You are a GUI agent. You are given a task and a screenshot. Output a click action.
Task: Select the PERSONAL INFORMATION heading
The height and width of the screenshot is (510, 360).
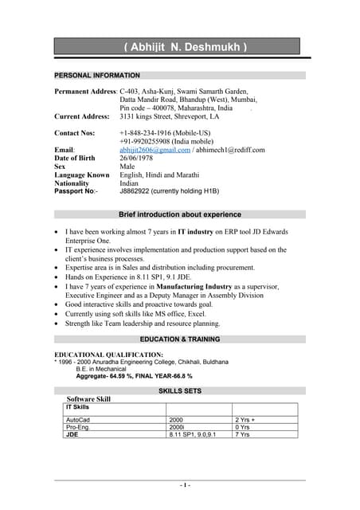(96, 75)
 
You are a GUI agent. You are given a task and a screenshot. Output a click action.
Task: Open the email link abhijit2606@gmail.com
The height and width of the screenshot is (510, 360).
(155, 150)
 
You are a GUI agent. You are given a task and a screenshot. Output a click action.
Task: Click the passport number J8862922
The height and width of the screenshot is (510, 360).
(140, 191)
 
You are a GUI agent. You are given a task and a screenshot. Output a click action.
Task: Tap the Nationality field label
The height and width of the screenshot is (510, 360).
(73, 183)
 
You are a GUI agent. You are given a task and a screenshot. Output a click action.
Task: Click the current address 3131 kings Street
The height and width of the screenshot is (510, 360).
(170, 116)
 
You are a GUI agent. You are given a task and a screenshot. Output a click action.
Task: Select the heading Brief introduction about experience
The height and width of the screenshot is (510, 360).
(179, 214)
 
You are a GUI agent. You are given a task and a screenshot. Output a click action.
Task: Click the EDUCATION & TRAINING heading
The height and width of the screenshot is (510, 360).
(179, 339)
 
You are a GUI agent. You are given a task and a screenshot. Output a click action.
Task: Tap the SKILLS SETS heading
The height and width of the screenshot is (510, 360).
(179, 391)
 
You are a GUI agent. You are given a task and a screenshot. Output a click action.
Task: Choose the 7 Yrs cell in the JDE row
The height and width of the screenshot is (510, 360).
(242, 435)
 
